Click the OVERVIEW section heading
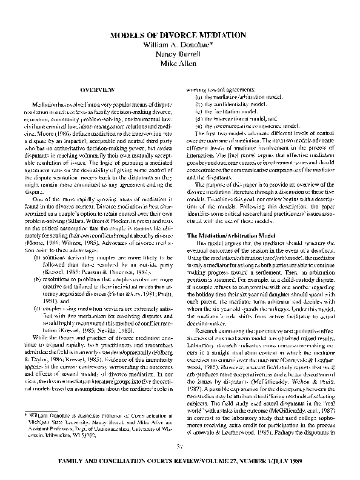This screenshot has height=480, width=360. tap(98, 90)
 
